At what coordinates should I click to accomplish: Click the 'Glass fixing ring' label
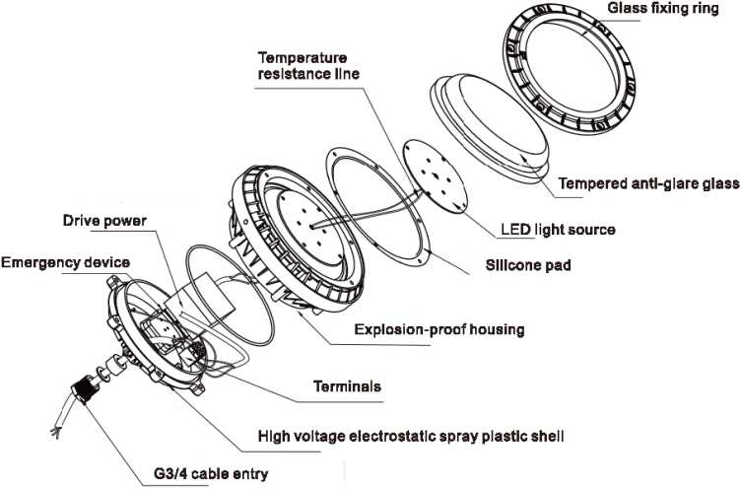[x=661, y=8]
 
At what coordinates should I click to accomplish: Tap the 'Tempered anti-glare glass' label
[x=648, y=183]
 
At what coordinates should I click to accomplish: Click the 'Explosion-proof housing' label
[x=439, y=328]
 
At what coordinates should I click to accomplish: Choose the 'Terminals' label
[x=347, y=387]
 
